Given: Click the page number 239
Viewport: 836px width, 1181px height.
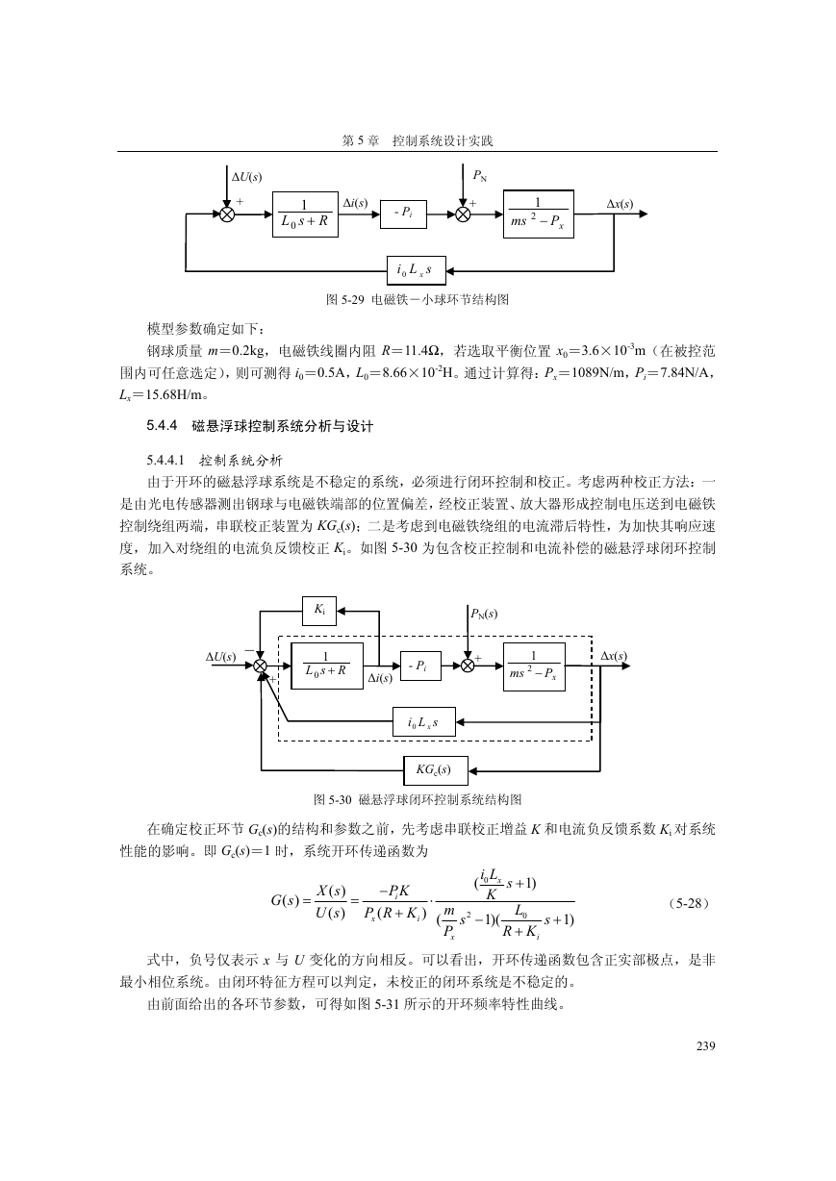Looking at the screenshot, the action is click(705, 1046).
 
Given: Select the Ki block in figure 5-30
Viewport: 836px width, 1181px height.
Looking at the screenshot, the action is click(319, 611).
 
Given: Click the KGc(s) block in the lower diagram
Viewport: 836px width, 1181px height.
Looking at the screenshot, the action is click(435, 770).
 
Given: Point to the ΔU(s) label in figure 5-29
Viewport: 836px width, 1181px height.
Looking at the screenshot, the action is click(247, 177).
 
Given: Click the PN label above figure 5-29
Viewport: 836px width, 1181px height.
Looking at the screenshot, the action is click(479, 176).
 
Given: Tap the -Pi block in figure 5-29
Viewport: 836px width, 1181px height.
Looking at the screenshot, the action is click(403, 214).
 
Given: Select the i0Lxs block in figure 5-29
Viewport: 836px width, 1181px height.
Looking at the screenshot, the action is click(417, 271).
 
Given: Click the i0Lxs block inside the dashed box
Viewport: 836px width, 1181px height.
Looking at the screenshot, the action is click(424, 722).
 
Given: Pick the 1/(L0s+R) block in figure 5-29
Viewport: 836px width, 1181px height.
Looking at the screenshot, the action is click(305, 214).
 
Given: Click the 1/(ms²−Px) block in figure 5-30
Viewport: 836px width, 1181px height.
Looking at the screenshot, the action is click(534, 666).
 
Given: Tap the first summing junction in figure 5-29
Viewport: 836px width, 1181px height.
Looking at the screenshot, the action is click(227, 214).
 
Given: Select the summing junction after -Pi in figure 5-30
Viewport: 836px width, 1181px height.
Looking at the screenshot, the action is click(468, 666).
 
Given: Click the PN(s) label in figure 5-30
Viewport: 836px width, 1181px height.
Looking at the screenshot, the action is click(484, 614).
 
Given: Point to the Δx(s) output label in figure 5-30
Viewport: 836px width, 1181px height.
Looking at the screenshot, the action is click(614, 656).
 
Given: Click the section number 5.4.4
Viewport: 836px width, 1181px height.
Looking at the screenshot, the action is click(162, 425).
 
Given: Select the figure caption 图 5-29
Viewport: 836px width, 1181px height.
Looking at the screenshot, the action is click(418, 300).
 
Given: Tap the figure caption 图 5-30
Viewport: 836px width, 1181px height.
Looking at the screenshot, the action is click(418, 800).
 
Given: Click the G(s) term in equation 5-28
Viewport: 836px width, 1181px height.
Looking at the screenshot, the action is click(285, 900).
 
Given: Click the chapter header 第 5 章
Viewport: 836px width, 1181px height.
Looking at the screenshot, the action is click(361, 140).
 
